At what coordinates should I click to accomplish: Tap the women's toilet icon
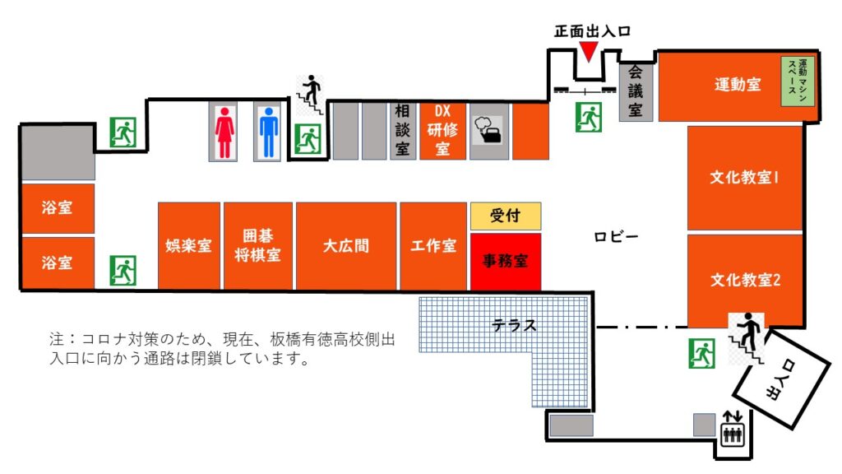[224, 132]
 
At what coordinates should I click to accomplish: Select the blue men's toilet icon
[269, 132]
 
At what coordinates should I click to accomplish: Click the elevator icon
[733, 429]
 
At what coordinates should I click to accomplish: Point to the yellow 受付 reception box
[506, 216]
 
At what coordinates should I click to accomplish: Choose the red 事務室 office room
[506, 262]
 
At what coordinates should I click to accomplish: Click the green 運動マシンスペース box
[798, 81]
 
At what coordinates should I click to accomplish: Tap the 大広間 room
[346, 246]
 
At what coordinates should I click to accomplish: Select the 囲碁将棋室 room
[257, 246]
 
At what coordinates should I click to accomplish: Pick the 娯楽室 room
[188, 246]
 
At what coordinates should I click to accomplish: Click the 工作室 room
[433, 246]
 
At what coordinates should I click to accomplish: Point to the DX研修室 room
[442, 131]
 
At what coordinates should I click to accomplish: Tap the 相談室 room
[403, 131]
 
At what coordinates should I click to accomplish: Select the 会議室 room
[636, 91]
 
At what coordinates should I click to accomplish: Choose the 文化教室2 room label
[745, 280]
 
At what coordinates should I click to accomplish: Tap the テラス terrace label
[514, 324]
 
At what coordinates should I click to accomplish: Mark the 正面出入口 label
[592, 31]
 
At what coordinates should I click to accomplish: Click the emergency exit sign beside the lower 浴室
[123, 270]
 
